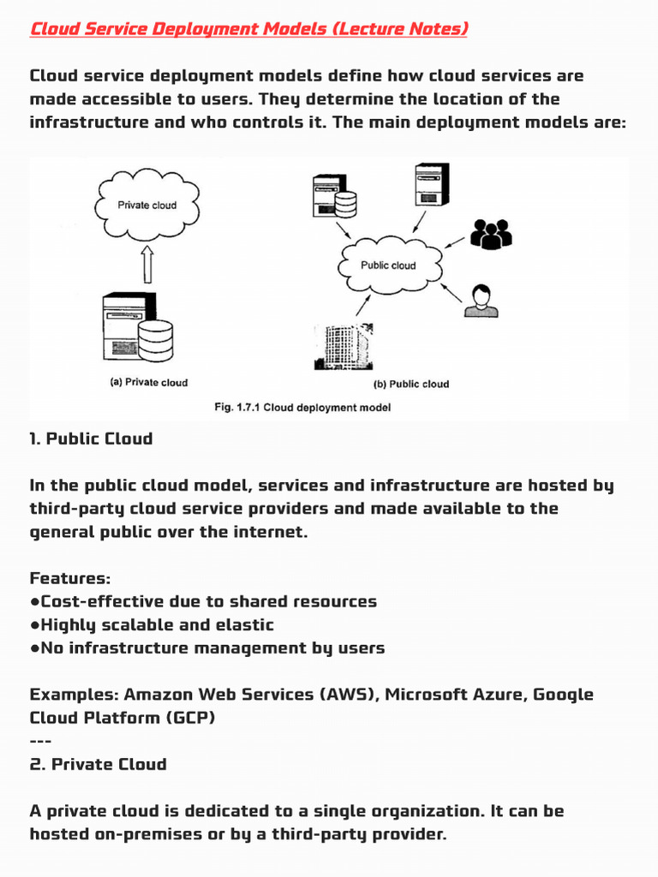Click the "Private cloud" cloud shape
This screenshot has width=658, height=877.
[147, 205]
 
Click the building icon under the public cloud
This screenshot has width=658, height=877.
[344, 346]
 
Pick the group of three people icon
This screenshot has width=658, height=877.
[491, 234]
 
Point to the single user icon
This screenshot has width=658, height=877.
[482, 301]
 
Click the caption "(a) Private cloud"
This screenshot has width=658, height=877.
[149, 383]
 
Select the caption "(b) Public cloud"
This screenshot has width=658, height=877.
[411, 385]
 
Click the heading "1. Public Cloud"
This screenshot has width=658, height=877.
[91, 438]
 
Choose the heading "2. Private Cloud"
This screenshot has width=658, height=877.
[99, 764]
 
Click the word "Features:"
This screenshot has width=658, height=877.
[70, 578]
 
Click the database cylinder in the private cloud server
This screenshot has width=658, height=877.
[156, 340]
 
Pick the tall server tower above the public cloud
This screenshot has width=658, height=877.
[432, 185]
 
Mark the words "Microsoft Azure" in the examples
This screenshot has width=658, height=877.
[456, 694]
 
